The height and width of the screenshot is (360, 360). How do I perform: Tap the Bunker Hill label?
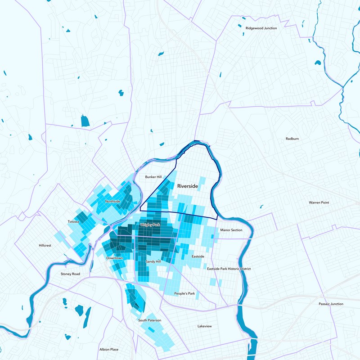[153, 177]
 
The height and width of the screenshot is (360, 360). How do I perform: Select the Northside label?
[112, 201]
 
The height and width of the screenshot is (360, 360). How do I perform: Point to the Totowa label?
[73, 222]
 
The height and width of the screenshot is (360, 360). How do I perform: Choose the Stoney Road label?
[70, 274]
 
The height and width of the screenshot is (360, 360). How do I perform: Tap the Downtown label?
[115, 258]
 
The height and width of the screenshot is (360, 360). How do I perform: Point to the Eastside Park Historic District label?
[229, 269]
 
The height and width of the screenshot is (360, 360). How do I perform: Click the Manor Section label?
[231, 230]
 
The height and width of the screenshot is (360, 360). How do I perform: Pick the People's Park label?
[184, 293]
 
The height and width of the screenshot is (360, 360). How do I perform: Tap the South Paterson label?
[149, 320]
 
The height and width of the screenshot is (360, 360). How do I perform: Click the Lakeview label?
[204, 326]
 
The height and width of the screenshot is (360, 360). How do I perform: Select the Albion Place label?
[109, 349]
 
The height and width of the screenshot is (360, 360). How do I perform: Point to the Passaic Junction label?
[330, 304]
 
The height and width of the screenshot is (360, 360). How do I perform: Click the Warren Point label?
[319, 202]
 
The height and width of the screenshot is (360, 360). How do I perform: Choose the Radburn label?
[292, 139]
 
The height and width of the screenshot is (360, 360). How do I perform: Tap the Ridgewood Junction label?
[261, 28]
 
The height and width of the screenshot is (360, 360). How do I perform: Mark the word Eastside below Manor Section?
[198, 256]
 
